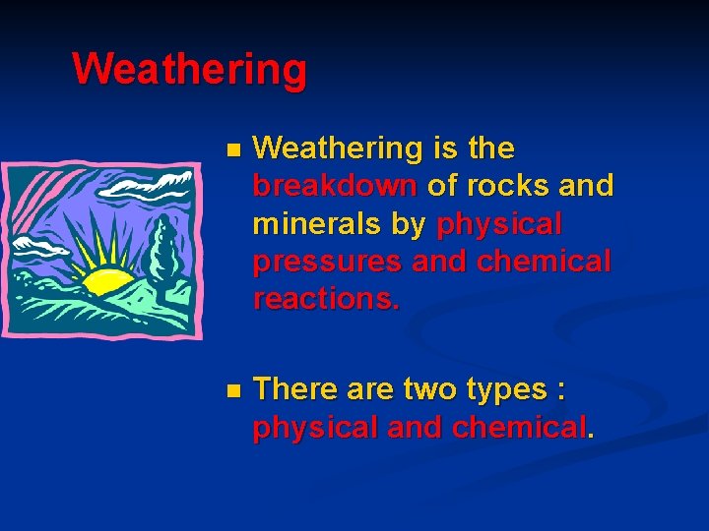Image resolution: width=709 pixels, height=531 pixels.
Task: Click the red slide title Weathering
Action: [189, 70]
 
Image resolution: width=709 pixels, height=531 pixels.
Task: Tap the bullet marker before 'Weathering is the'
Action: [231, 150]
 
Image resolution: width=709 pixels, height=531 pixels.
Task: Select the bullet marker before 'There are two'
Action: [231, 391]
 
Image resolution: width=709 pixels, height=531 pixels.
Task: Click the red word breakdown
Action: [336, 186]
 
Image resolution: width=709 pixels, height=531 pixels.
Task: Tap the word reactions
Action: [326, 299]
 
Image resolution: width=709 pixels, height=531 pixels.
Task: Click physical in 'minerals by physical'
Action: [498, 225]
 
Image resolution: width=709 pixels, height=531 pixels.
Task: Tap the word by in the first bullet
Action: [408, 225]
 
